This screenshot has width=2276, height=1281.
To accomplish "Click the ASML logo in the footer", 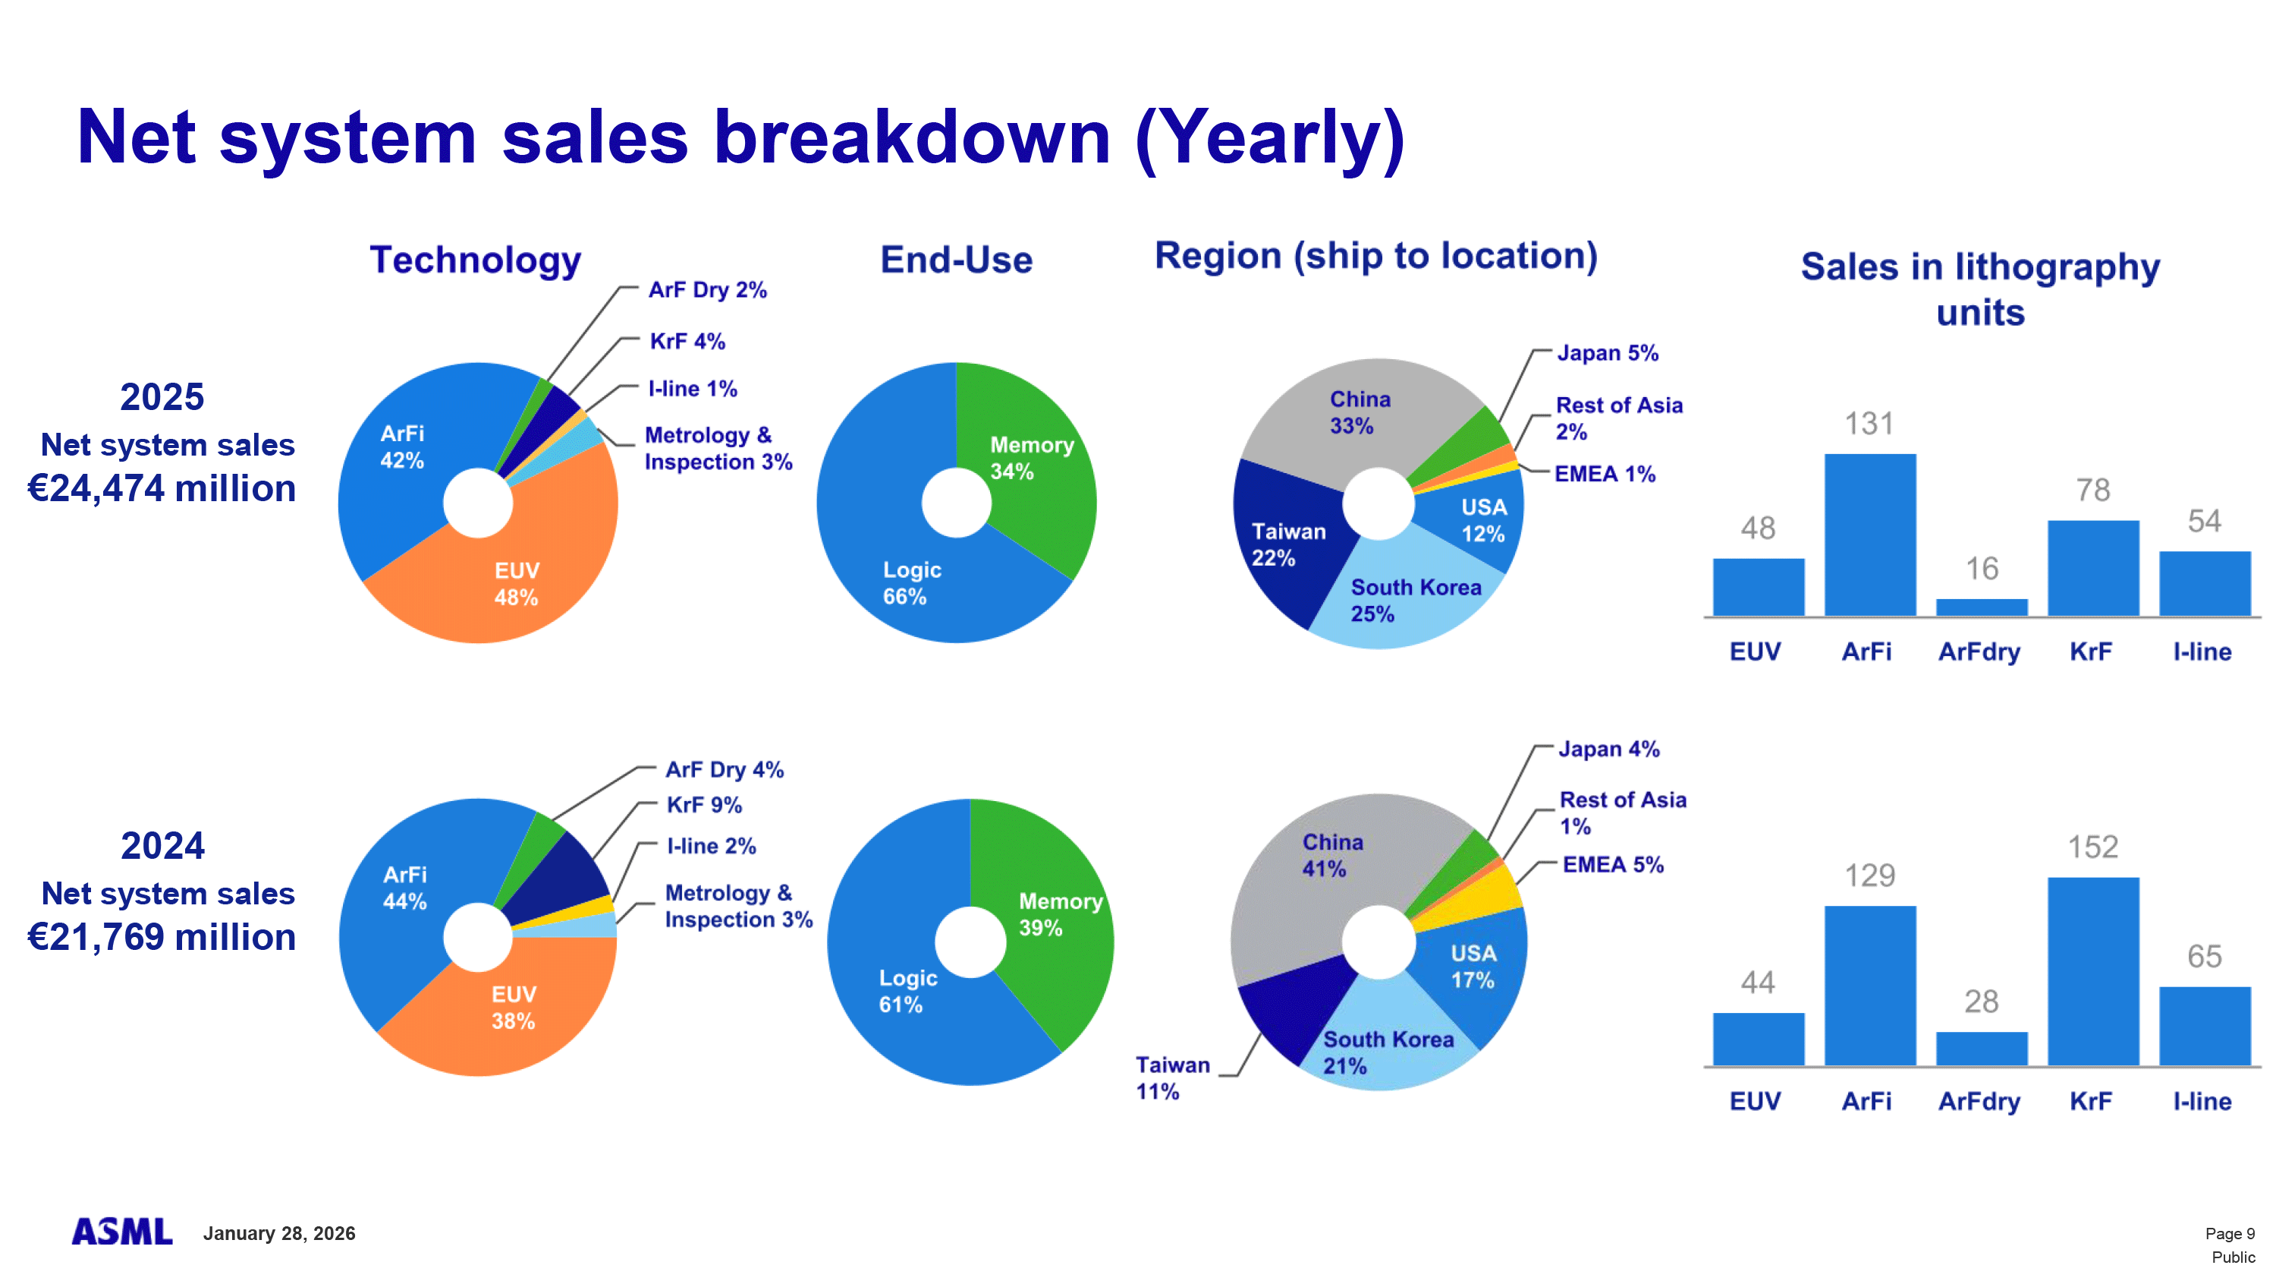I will pyautogui.click(x=122, y=1232).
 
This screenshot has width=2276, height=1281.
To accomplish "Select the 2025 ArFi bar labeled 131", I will pyautogui.click(x=1869, y=534).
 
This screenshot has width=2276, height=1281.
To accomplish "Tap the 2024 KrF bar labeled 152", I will pyautogui.click(x=2092, y=970).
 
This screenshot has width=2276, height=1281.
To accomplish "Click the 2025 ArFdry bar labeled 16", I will pyautogui.click(x=1981, y=607).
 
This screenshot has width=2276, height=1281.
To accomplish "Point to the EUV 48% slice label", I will pyautogui.click(x=516, y=583).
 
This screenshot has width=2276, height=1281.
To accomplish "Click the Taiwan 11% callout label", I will pyautogui.click(x=1171, y=1077).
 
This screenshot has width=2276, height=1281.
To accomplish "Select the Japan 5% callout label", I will pyautogui.click(x=1607, y=353).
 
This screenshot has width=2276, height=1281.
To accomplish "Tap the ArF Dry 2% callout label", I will pyautogui.click(x=707, y=290).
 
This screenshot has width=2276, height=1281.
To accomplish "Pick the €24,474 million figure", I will pyautogui.click(x=162, y=488).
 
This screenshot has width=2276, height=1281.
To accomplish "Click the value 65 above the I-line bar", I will pyautogui.click(x=2204, y=956).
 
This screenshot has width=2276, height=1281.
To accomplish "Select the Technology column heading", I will pyautogui.click(x=476, y=260).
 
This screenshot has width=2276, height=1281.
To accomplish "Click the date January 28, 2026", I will pyautogui.click(x=279, y=1233).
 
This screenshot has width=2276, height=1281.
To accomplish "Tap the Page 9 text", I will pyautogui.click(x=2229, y=1233).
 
